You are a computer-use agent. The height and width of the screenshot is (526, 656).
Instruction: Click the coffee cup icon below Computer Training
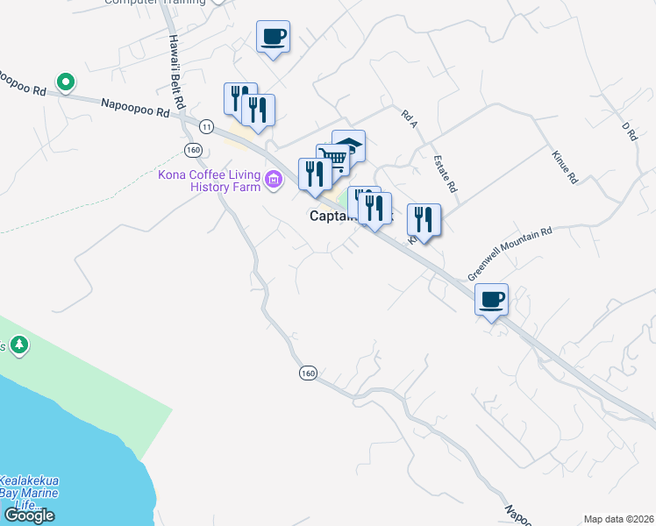273,37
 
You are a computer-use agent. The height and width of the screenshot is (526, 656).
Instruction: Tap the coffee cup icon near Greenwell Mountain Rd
491,300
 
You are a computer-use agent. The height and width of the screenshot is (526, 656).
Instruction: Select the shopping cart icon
332,160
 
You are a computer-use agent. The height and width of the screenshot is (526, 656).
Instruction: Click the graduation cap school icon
348,146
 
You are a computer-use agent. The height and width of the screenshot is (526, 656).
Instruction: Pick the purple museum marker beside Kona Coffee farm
275,181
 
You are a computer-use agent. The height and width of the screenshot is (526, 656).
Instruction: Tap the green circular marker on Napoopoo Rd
64,82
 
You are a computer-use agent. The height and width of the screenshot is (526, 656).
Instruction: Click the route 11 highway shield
206,126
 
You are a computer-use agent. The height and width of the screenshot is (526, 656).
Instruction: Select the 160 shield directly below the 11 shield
194,151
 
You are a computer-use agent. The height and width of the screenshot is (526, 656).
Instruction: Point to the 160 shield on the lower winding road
307,373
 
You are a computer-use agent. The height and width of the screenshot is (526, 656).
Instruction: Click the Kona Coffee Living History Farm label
210,181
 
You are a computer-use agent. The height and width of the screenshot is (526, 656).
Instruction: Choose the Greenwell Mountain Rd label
510,254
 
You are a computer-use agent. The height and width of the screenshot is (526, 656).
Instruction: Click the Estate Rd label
446,174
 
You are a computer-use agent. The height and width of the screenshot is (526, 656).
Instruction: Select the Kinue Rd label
565,166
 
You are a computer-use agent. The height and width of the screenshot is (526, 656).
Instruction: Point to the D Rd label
628,132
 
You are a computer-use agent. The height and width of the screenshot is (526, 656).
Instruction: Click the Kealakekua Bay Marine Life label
28,494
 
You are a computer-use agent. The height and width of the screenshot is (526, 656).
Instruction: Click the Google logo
28,515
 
